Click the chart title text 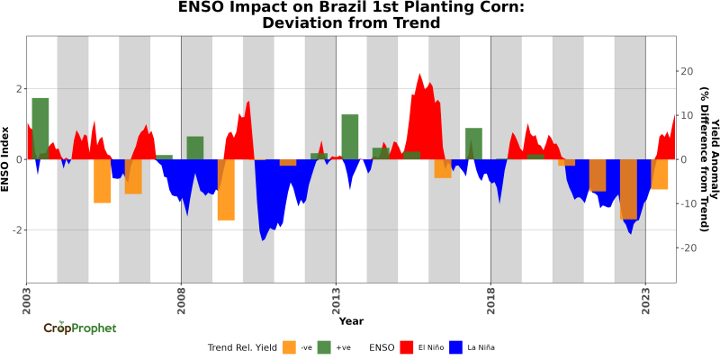[x=351, y=15]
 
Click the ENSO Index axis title [x=6, y=159]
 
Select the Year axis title [x=351, y=321]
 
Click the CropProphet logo [x=80, y=328]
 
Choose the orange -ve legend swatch [x=289, y=346]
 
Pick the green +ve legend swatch [x=324, y=346]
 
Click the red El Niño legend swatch [x=408, y=346]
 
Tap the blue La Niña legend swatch [x=456, y=346]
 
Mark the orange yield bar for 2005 [x=103, y=181]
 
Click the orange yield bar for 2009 [x=226, y=189]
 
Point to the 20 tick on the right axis [x=687, y=71]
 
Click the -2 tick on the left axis [x=16, y=230]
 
